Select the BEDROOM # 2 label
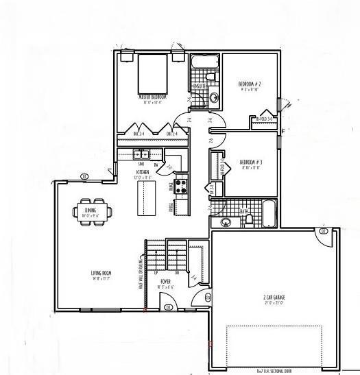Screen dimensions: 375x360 (250, 84)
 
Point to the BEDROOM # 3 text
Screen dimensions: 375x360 (250, 162)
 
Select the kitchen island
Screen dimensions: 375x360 (146, 197)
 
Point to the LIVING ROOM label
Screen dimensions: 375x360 (101, 274)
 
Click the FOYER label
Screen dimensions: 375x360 (165, 282)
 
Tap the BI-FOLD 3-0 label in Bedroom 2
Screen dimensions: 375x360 (265, 119)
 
